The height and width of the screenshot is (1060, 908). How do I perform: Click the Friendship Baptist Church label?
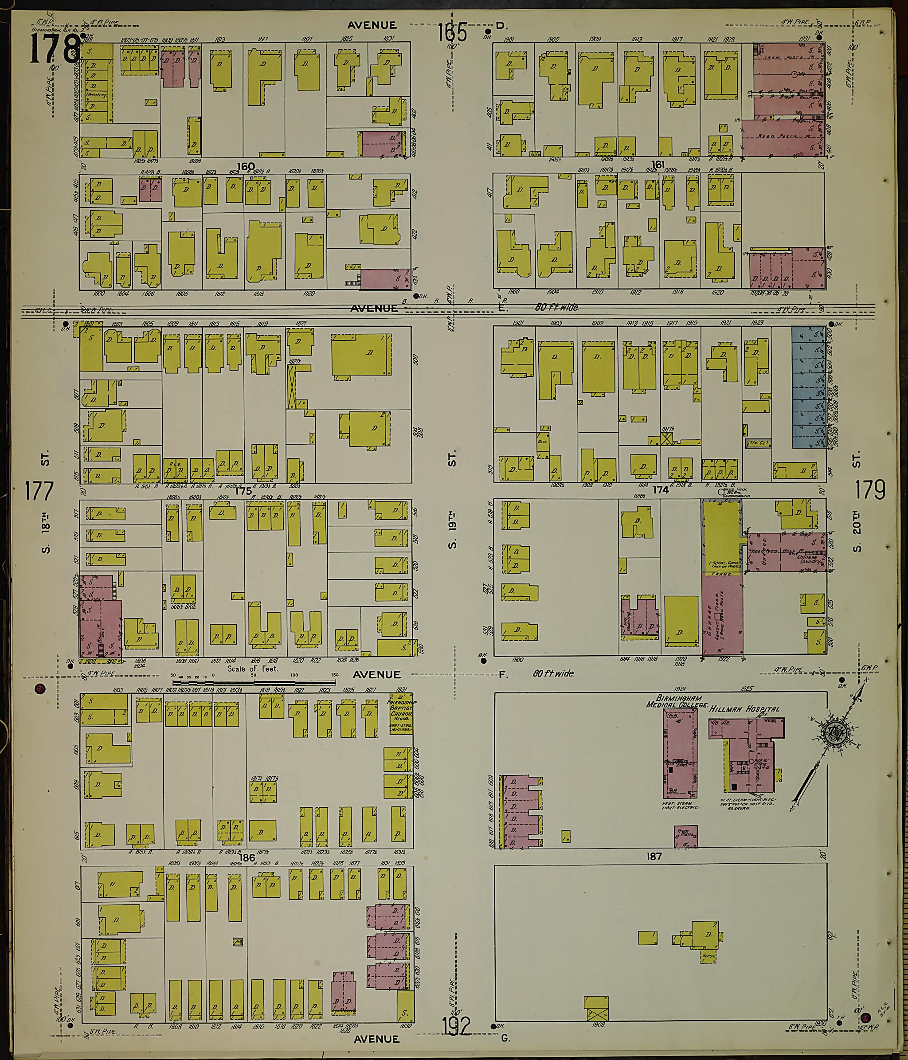pyautogui.click(x=401, y=714)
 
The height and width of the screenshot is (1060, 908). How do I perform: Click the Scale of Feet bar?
pyautogui.click(x=254, y=682)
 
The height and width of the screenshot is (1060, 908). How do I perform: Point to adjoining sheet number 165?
pyautogui.click(x=452, y=34)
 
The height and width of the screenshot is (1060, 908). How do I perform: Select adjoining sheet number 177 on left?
pyautogui.click(x=39, y=491)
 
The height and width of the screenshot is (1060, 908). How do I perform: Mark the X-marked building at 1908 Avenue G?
pyautogui.click(x=596, y=1007)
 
